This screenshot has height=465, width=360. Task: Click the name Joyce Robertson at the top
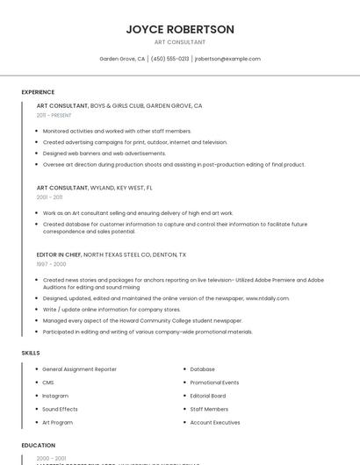180,29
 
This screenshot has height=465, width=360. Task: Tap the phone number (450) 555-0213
169,59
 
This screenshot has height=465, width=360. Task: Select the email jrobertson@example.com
227,59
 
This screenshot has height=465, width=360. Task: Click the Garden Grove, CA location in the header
122,59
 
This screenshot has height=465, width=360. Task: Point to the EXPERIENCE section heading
38,92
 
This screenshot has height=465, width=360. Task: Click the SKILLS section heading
31,353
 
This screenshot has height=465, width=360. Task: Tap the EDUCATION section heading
38,445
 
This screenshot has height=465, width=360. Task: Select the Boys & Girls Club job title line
119,105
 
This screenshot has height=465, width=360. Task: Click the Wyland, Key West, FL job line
95,188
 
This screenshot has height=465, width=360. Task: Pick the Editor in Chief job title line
112,254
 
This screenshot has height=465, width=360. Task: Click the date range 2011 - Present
54,115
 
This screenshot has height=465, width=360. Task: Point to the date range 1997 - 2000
51,264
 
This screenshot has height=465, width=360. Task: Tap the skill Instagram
56,396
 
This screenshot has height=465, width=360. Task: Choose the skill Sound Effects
60,409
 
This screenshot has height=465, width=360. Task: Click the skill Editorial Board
209,396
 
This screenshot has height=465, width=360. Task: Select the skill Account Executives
214,422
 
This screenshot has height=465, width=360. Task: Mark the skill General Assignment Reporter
79,369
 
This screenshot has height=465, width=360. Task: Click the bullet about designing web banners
104,153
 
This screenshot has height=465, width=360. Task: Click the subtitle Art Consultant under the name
180,42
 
